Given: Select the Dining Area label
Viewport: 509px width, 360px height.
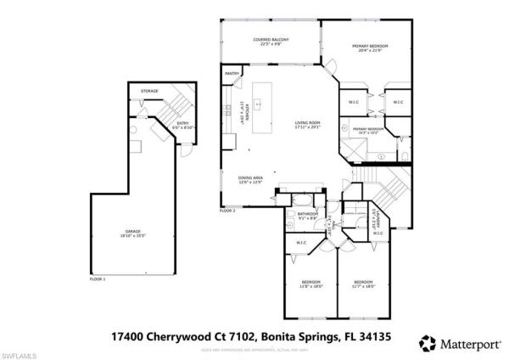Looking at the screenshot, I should [250, 180].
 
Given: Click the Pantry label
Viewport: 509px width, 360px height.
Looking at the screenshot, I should [232, 75].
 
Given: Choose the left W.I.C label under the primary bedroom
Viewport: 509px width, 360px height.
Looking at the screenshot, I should [354, 104].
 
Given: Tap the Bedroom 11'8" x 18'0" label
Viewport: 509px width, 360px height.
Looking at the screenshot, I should [311, 284].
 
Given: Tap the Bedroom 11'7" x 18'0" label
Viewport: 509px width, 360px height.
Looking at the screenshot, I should [363, 284].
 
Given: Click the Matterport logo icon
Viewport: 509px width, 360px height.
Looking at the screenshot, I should [428, 342].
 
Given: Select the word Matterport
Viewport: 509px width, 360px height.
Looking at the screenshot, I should [469, 343].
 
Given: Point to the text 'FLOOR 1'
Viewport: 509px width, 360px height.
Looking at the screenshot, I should [98, 278].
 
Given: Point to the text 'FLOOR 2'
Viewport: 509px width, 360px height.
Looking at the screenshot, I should [227, 210].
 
